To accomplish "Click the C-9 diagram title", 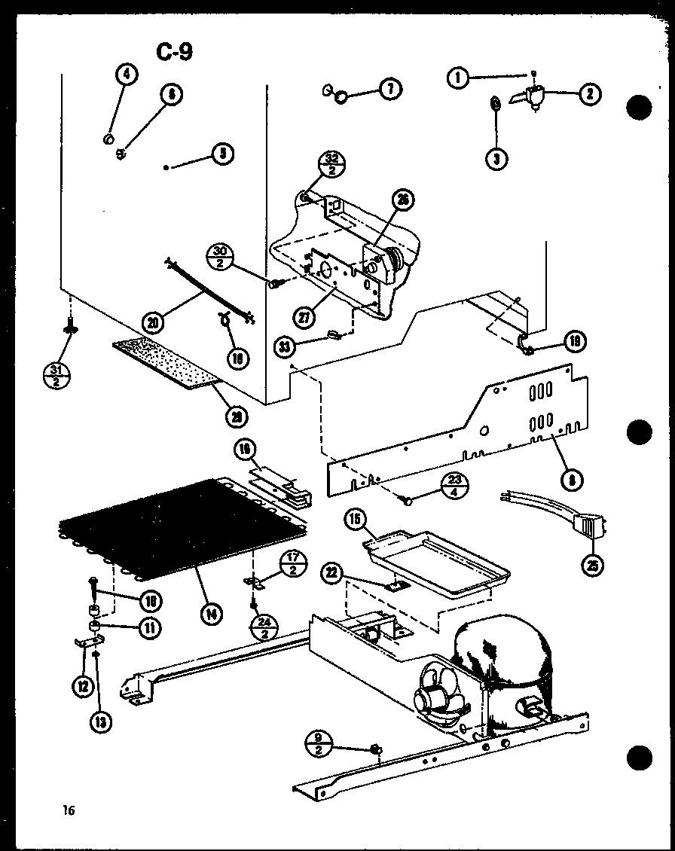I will click(x=174, y=51).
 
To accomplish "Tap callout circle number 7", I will click(x=389, y=90).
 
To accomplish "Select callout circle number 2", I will click(x=589, y=94).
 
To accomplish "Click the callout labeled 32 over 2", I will click(x=331, y=163).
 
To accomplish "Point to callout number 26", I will click(x=402, y=200).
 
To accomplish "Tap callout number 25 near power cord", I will click(x=594, y=565).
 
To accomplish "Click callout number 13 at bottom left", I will click(x=100, y=721).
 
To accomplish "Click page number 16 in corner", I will click(x=69, y=810).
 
